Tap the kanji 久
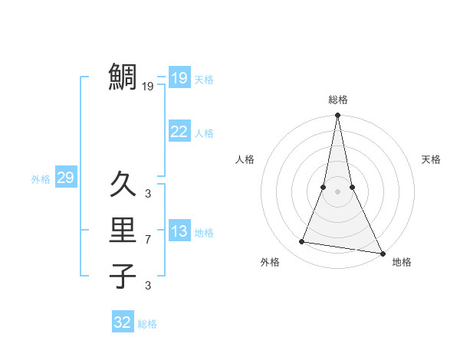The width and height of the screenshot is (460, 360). (123, 185)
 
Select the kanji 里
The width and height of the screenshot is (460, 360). (123, 230)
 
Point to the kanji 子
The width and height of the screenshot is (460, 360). (123, 276)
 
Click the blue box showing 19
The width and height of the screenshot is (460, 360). (179, 77)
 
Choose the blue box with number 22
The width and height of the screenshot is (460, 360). (179, 132)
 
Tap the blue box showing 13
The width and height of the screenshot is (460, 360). (179, 231)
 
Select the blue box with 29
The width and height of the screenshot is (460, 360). (65, 178)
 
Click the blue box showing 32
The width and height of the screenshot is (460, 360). (123, 322)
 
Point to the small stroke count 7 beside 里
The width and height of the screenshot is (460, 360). (148, 240)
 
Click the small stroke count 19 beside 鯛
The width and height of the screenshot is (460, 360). (148, 87)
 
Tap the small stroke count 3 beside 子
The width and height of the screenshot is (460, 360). (148, 286)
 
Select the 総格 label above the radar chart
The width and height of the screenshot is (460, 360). (338, 100)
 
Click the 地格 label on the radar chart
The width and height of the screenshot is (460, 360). (402, 262)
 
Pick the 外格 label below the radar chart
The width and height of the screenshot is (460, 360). (270, 262)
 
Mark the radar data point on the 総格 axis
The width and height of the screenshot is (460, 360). (337, 116)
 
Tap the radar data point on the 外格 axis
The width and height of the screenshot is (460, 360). (302, 242)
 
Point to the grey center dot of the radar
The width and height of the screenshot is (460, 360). (337, 191)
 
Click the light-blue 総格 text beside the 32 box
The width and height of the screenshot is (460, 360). (147, 324)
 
